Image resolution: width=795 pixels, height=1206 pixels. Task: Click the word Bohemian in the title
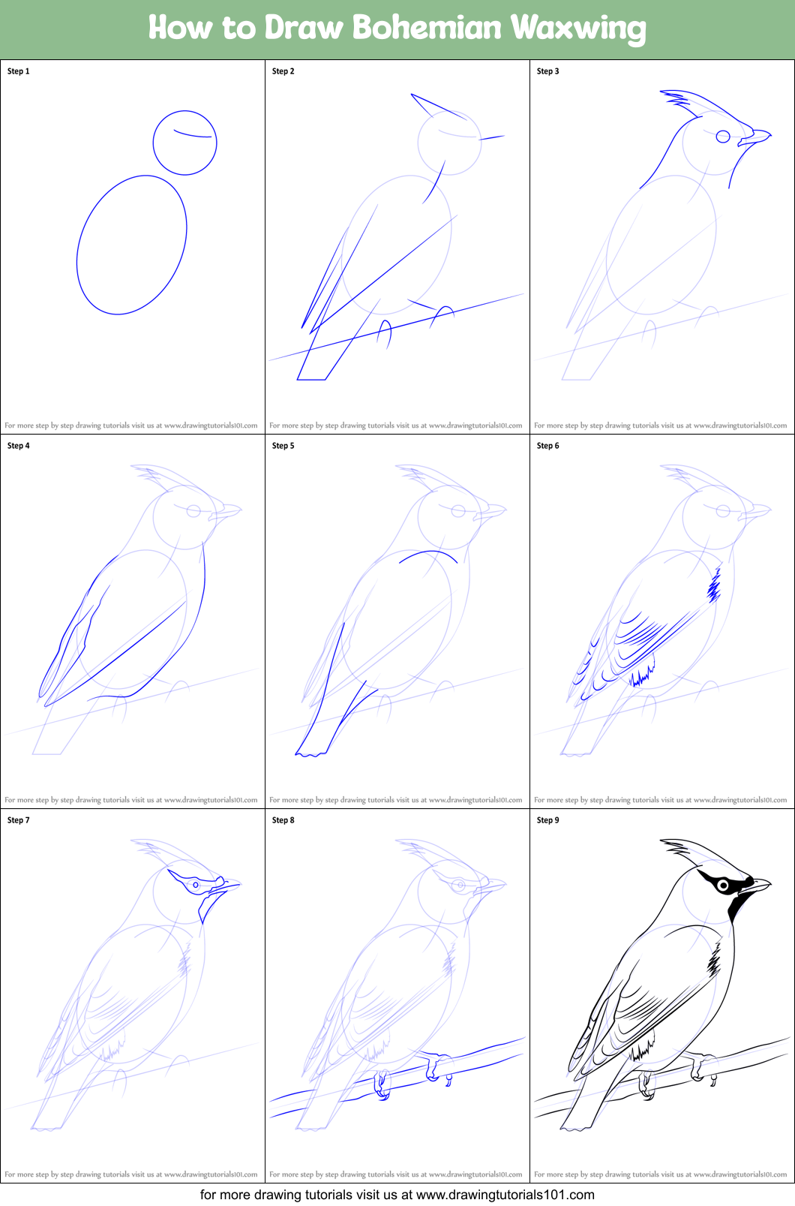pyautogui.click(x=427, y=28)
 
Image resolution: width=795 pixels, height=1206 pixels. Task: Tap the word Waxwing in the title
pyautogui.click(x=578, y=29)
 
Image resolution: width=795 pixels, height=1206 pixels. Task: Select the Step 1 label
pyautogui.click(x=19, y=71)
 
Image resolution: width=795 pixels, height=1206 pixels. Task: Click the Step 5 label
pyautogui.click(x=283, y=446)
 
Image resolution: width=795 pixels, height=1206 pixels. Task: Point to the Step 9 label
pyautogui.click(x=548, y=820)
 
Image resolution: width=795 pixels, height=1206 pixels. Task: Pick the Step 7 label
pyautogui.click(x=19, y=820)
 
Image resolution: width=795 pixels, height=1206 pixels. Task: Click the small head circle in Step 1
pyautogui.click(x=184, y=143)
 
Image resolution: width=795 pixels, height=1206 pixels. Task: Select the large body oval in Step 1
pyautogui.click(x=131, y=245)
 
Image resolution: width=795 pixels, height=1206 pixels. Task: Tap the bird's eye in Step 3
pyautogui.click(x=723, y=137)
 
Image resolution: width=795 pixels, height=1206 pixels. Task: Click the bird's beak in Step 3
pyautogui.click(x=756, y=137)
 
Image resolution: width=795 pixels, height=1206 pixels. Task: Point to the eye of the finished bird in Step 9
pyautogui.click(x=723, y=886)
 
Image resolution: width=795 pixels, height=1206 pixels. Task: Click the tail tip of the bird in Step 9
pyautogui.click(x=575, y=1126)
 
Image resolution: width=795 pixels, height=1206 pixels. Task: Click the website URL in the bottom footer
pyautogui.click(x=505, y=1194)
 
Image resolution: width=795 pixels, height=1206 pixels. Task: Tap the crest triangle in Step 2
pyautogui.click(x=435, y=106)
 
